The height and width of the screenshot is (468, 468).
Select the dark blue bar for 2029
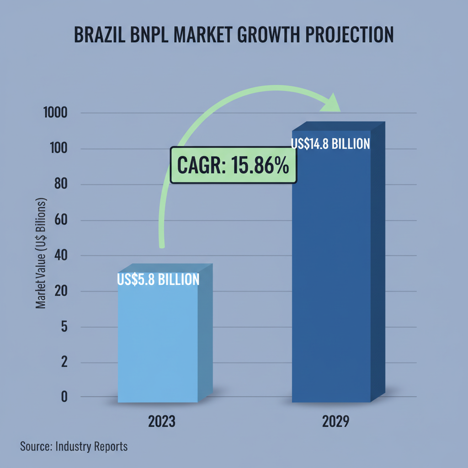331,274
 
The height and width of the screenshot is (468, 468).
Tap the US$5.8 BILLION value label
158,279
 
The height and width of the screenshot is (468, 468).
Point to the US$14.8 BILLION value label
330,144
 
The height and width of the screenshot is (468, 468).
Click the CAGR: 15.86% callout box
233,165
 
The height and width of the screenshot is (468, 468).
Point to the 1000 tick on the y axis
55,113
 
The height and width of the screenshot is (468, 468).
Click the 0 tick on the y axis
64,397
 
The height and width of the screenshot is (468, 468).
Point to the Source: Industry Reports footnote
74,447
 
